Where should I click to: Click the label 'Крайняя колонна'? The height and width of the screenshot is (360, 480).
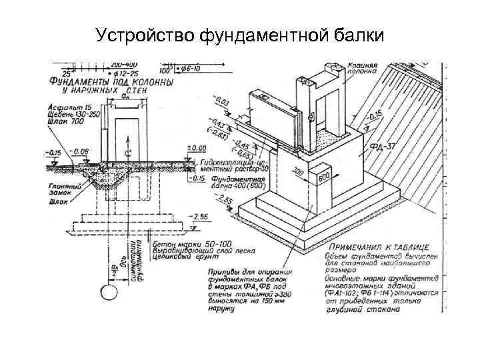[x=363, y=70]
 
